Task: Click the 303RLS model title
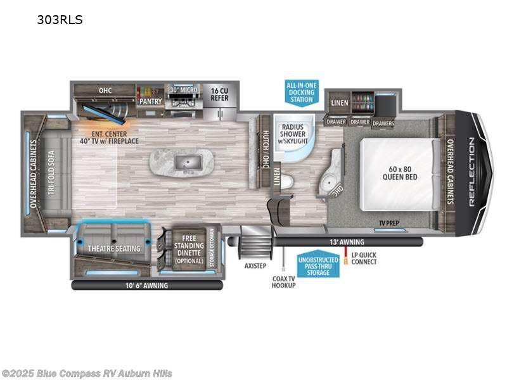coord(60,20)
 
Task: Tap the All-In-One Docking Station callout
coord(302,92)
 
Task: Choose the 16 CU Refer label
coord(219,94)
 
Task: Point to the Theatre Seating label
coord(115,248)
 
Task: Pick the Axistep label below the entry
coord(256,266)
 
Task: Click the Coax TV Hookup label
coord(283,282)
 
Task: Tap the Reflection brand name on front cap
coord(472,172)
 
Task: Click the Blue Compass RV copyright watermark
coord(87,373)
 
